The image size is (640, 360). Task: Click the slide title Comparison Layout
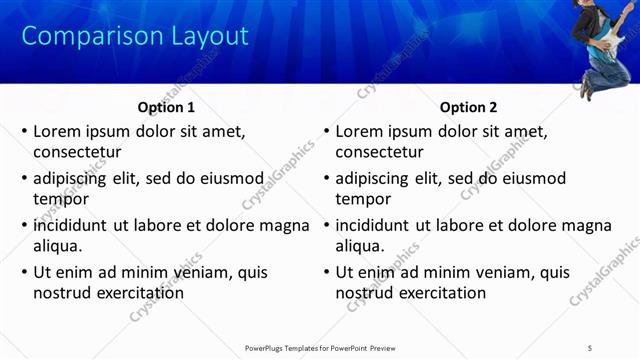click(x=135, y=37)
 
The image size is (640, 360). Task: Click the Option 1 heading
click(x=166, y=107)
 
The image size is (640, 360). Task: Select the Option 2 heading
click(x=468, y=107)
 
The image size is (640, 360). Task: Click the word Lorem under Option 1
click(x=57, y=131)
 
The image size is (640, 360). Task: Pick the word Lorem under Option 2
click(x=359, y=131)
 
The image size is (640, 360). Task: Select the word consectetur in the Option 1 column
click(x=77, y=152)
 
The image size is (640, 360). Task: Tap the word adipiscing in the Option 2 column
click(x=372, y=178)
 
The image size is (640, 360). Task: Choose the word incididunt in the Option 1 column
click(x=70, y=225)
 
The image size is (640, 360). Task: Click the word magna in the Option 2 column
click(x=586, y=225)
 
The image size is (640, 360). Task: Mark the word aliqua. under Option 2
click(x=360, y=246)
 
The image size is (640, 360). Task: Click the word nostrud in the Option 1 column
click(x=64, y=293)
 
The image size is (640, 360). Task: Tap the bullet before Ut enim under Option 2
click(x=327, y=273)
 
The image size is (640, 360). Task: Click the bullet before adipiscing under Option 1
click(x=25, y=179)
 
